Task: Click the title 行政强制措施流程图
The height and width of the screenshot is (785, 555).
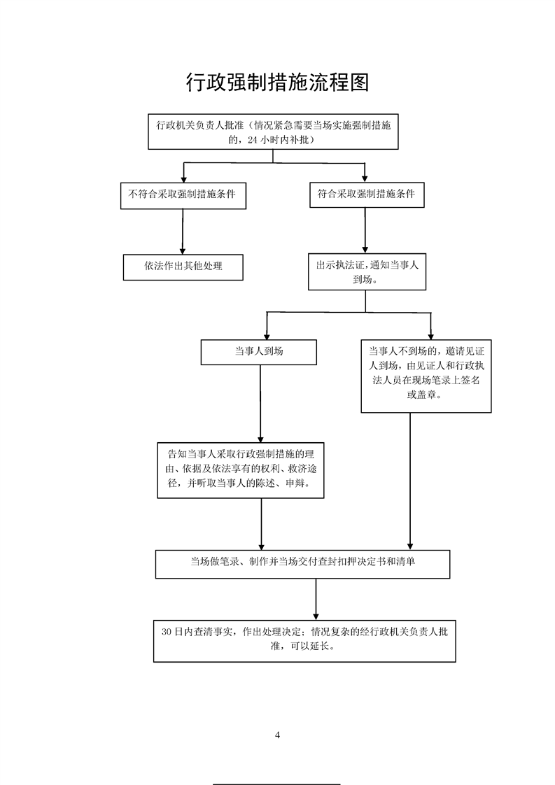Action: (x=277, y=83)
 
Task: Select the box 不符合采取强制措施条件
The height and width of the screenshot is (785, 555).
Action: (x=183, y=195)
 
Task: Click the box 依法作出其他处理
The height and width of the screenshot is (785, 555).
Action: (x=183, y=267)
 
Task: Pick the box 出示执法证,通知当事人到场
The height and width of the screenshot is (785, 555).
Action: (x=367, y=272)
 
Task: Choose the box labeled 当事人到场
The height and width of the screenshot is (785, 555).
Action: (x=258, y=352)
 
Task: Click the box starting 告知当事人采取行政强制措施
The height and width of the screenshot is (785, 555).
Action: (x=241, y=470)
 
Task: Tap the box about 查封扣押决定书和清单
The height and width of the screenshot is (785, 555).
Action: (x=302, y=563)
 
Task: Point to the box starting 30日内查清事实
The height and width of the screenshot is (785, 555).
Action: (x=305, y=639)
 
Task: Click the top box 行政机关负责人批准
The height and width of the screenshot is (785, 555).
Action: (x=272, y=132)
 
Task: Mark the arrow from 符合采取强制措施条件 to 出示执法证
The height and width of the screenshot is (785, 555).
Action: (x=365, y=231)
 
